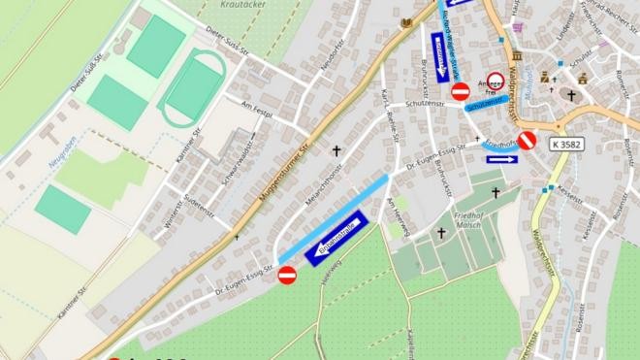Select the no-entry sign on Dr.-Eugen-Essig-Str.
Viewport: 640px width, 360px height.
287,276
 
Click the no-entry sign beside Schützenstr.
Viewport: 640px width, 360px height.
460,92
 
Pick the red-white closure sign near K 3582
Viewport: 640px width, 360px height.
527,141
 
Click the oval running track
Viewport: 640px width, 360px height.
193,87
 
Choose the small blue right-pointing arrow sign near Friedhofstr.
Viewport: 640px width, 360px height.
502,159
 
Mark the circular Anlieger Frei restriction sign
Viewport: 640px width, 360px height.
496,82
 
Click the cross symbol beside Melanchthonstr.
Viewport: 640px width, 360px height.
337,151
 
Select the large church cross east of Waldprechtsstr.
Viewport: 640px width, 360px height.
572,96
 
